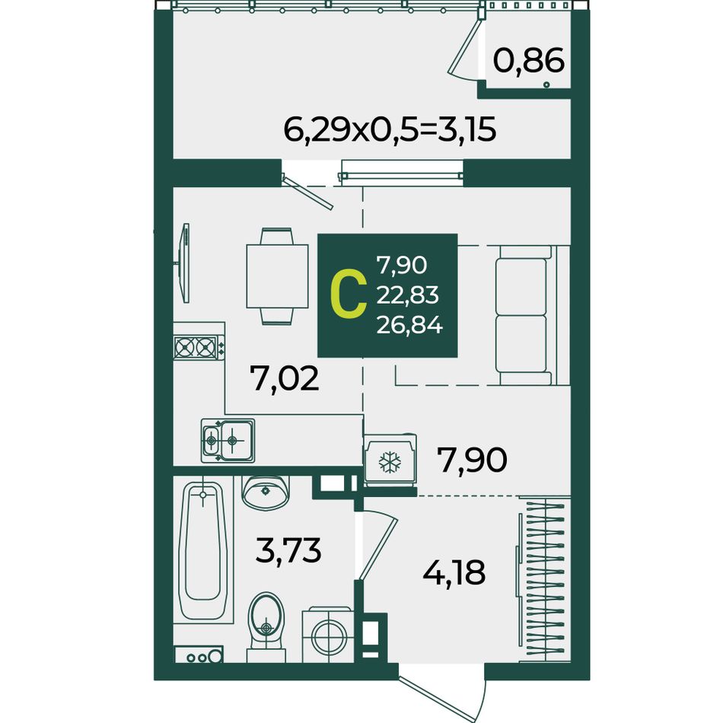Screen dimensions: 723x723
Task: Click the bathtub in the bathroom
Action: (203, 550)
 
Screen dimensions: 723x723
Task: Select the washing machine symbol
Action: (328, 635)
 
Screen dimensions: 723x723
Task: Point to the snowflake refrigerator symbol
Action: (390, 460)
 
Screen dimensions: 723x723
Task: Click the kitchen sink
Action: (228, 441)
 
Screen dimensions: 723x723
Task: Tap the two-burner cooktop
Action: (199, 347)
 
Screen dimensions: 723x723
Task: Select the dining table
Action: (277, 276)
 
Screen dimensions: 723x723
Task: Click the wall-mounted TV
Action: (184, 263)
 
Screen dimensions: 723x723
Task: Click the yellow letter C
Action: (349, 295)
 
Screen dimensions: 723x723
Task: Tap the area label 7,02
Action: (284, 377)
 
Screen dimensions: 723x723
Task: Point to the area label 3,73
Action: (288, 550)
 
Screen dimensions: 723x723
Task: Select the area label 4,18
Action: (454, 572)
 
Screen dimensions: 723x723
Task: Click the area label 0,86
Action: (529, 60)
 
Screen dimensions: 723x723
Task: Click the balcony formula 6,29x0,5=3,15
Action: (390, 129)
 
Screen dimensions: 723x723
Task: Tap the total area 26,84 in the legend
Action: (409, 326)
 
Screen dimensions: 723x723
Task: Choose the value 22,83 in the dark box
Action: (408, 295)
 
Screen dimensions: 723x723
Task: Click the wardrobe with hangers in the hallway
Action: (543, 580)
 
